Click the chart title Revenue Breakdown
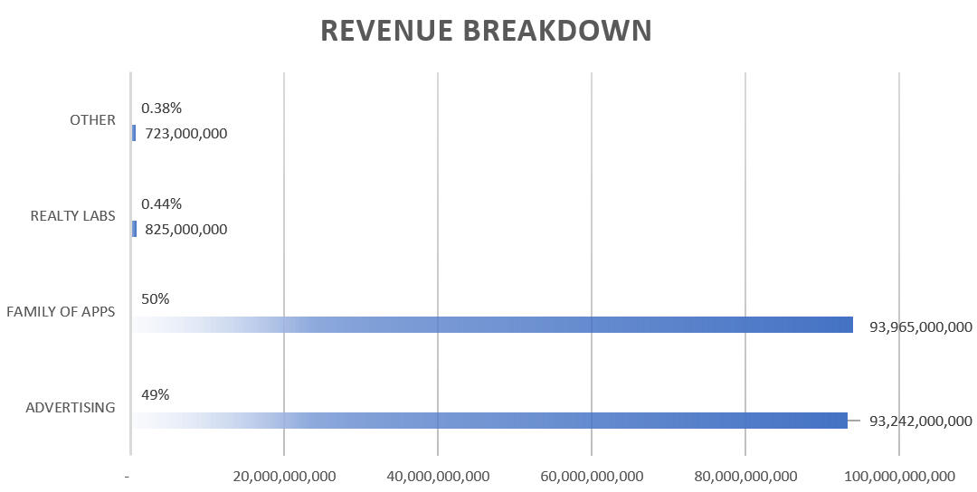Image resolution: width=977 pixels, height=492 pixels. pyautogui.click(x=487, y=30)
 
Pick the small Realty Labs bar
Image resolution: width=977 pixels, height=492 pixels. pyautogui.click(x=134, y=229)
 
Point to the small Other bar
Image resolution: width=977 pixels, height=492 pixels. pyautogui.click(x=134, y=133)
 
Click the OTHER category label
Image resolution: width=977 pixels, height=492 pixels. pyautogui.click(x=92, y=119)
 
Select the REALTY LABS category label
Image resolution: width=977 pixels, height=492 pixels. pyautogui.click(x=73, y=216)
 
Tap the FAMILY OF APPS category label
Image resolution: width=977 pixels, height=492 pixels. pyautogui.click(x=62, y=312)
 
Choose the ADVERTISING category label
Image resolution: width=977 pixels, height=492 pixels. pyautogui.click(x=71, y=407)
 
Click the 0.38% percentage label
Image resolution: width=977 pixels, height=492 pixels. pyautogui.click(x=161, y=109)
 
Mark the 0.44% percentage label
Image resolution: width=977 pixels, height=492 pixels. pyautogui.click(x=161, y=203)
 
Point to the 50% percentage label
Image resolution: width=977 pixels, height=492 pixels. pyautogui.click(x=155, y=299)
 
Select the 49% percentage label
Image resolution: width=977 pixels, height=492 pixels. pyautogui.click(x=155, y=394)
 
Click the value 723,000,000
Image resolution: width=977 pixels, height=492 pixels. pyautogui.click(x=185, y=134)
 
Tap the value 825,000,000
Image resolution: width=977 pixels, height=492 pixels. pyautogui.click(x=185, y=230)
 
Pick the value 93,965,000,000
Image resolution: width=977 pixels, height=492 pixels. pyautogui.click(x=920, y=326)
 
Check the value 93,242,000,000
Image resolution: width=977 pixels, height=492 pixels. pyautogui.click(x=920, y=421)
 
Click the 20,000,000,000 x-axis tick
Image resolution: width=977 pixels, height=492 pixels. pyautogui.click(x=284, y=476)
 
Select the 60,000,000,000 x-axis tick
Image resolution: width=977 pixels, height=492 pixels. pyautogui.click(x=591, y=476)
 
